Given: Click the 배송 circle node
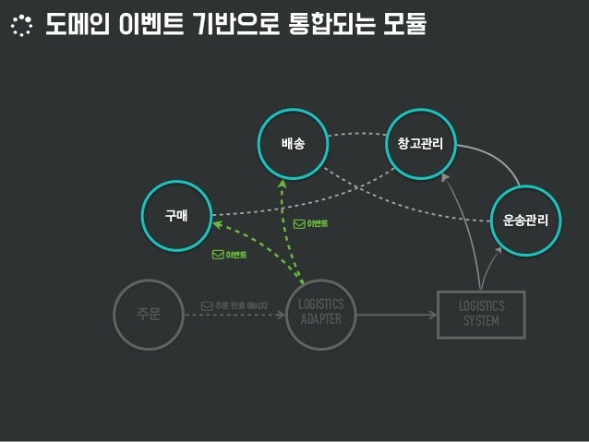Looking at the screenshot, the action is pos(294,144).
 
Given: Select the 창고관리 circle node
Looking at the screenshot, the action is pos(421,144).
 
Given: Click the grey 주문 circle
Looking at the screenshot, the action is pos(149,315).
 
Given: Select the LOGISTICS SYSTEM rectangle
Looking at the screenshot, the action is pos(481,314).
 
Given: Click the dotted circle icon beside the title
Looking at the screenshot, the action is pos(20,26).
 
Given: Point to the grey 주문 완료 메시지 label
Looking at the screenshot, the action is pos(242,305).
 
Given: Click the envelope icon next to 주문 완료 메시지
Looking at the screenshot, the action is pos(207,305).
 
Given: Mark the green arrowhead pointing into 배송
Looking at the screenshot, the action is pos(285,182).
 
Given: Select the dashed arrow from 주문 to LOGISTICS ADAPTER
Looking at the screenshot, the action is pos(235,316).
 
